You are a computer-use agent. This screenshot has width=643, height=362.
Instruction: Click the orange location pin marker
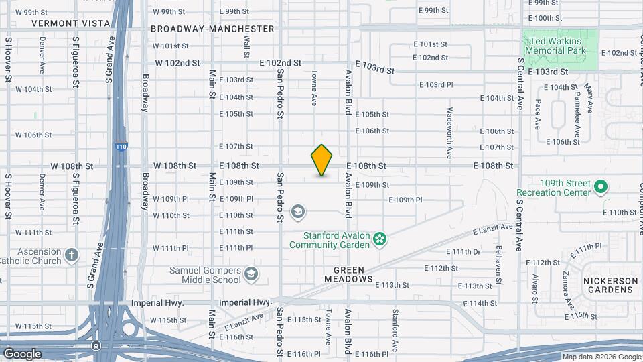click(x=322, y=160)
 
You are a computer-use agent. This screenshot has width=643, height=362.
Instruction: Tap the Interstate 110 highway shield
click(x=121, y=147)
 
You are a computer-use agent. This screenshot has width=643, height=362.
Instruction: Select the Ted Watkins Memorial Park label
click(x=555, y=46)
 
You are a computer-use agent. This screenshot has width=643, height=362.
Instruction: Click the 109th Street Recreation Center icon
click(x=601, y=186)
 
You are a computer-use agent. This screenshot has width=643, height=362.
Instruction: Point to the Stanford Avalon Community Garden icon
click(x=380, y=239)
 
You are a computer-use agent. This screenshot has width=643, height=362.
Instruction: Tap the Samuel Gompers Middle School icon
click(x=251, y=274)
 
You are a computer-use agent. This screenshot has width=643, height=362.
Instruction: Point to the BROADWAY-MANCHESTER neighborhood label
click(x=212, y=29)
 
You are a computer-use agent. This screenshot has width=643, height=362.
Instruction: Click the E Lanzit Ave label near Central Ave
click(x=492, y=229)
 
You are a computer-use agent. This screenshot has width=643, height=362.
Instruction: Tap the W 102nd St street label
click(x=177, y=63)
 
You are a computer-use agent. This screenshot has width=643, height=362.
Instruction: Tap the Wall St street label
click(x=246, y=46)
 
